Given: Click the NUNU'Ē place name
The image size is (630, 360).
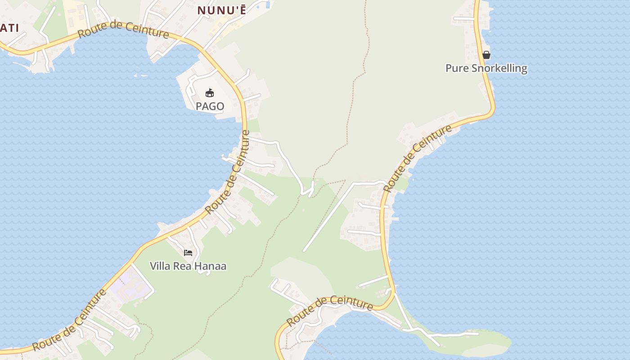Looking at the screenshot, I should point(222,10).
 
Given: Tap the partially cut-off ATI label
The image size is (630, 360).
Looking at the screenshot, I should point(9,28).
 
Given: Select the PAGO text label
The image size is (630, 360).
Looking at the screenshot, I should point(210,106).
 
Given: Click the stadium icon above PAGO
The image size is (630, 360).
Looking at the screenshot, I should point(210,93).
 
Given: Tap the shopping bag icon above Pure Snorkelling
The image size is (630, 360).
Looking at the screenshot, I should point(486,55).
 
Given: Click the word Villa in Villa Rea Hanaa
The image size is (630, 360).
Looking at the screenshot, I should point(160,266).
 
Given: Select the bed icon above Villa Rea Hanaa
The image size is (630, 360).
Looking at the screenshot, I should point(188,253).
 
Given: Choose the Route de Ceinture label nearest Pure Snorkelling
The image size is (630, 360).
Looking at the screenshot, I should point(417,158).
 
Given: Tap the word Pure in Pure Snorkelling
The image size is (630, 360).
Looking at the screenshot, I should point(455,68).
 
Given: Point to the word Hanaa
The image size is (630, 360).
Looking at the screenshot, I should point(211,266).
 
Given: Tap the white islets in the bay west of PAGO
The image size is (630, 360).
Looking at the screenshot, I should point(139,72).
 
